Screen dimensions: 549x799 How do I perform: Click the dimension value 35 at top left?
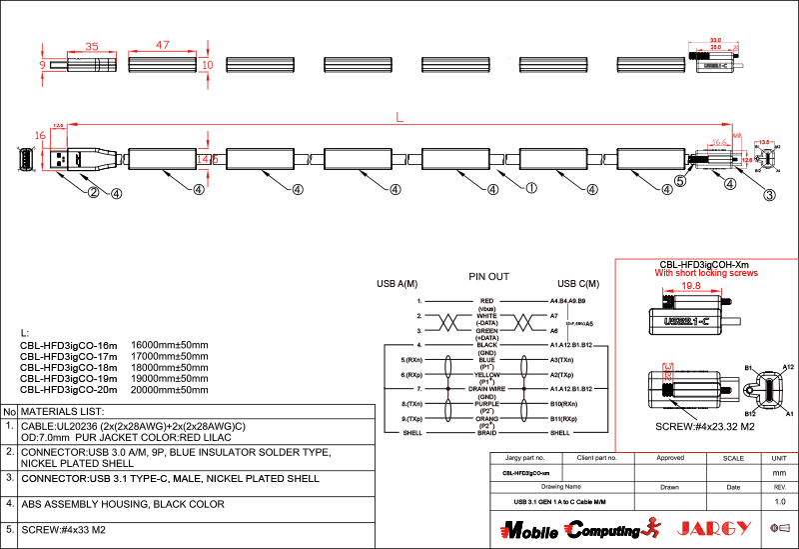click(x=92, y=46)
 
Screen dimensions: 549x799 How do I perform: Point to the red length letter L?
click(x=399, y=118)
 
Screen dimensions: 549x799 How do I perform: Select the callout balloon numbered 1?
click(x=531, y=187)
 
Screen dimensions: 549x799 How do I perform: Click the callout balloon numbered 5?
click(x=680, y=181)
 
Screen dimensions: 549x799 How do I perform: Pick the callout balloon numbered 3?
click(x=769, y=195)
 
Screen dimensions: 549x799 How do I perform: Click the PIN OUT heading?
click(x=488, y=276)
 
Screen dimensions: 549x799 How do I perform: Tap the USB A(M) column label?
click(x=397, y=283)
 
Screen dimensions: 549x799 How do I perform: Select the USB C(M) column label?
click(x=578, y=283)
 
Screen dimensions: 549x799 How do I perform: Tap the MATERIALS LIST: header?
click(x=63, y=411)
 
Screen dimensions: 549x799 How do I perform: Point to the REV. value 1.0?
click(x=780, y=501)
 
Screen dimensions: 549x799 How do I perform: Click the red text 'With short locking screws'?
click(x=706, y=272)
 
